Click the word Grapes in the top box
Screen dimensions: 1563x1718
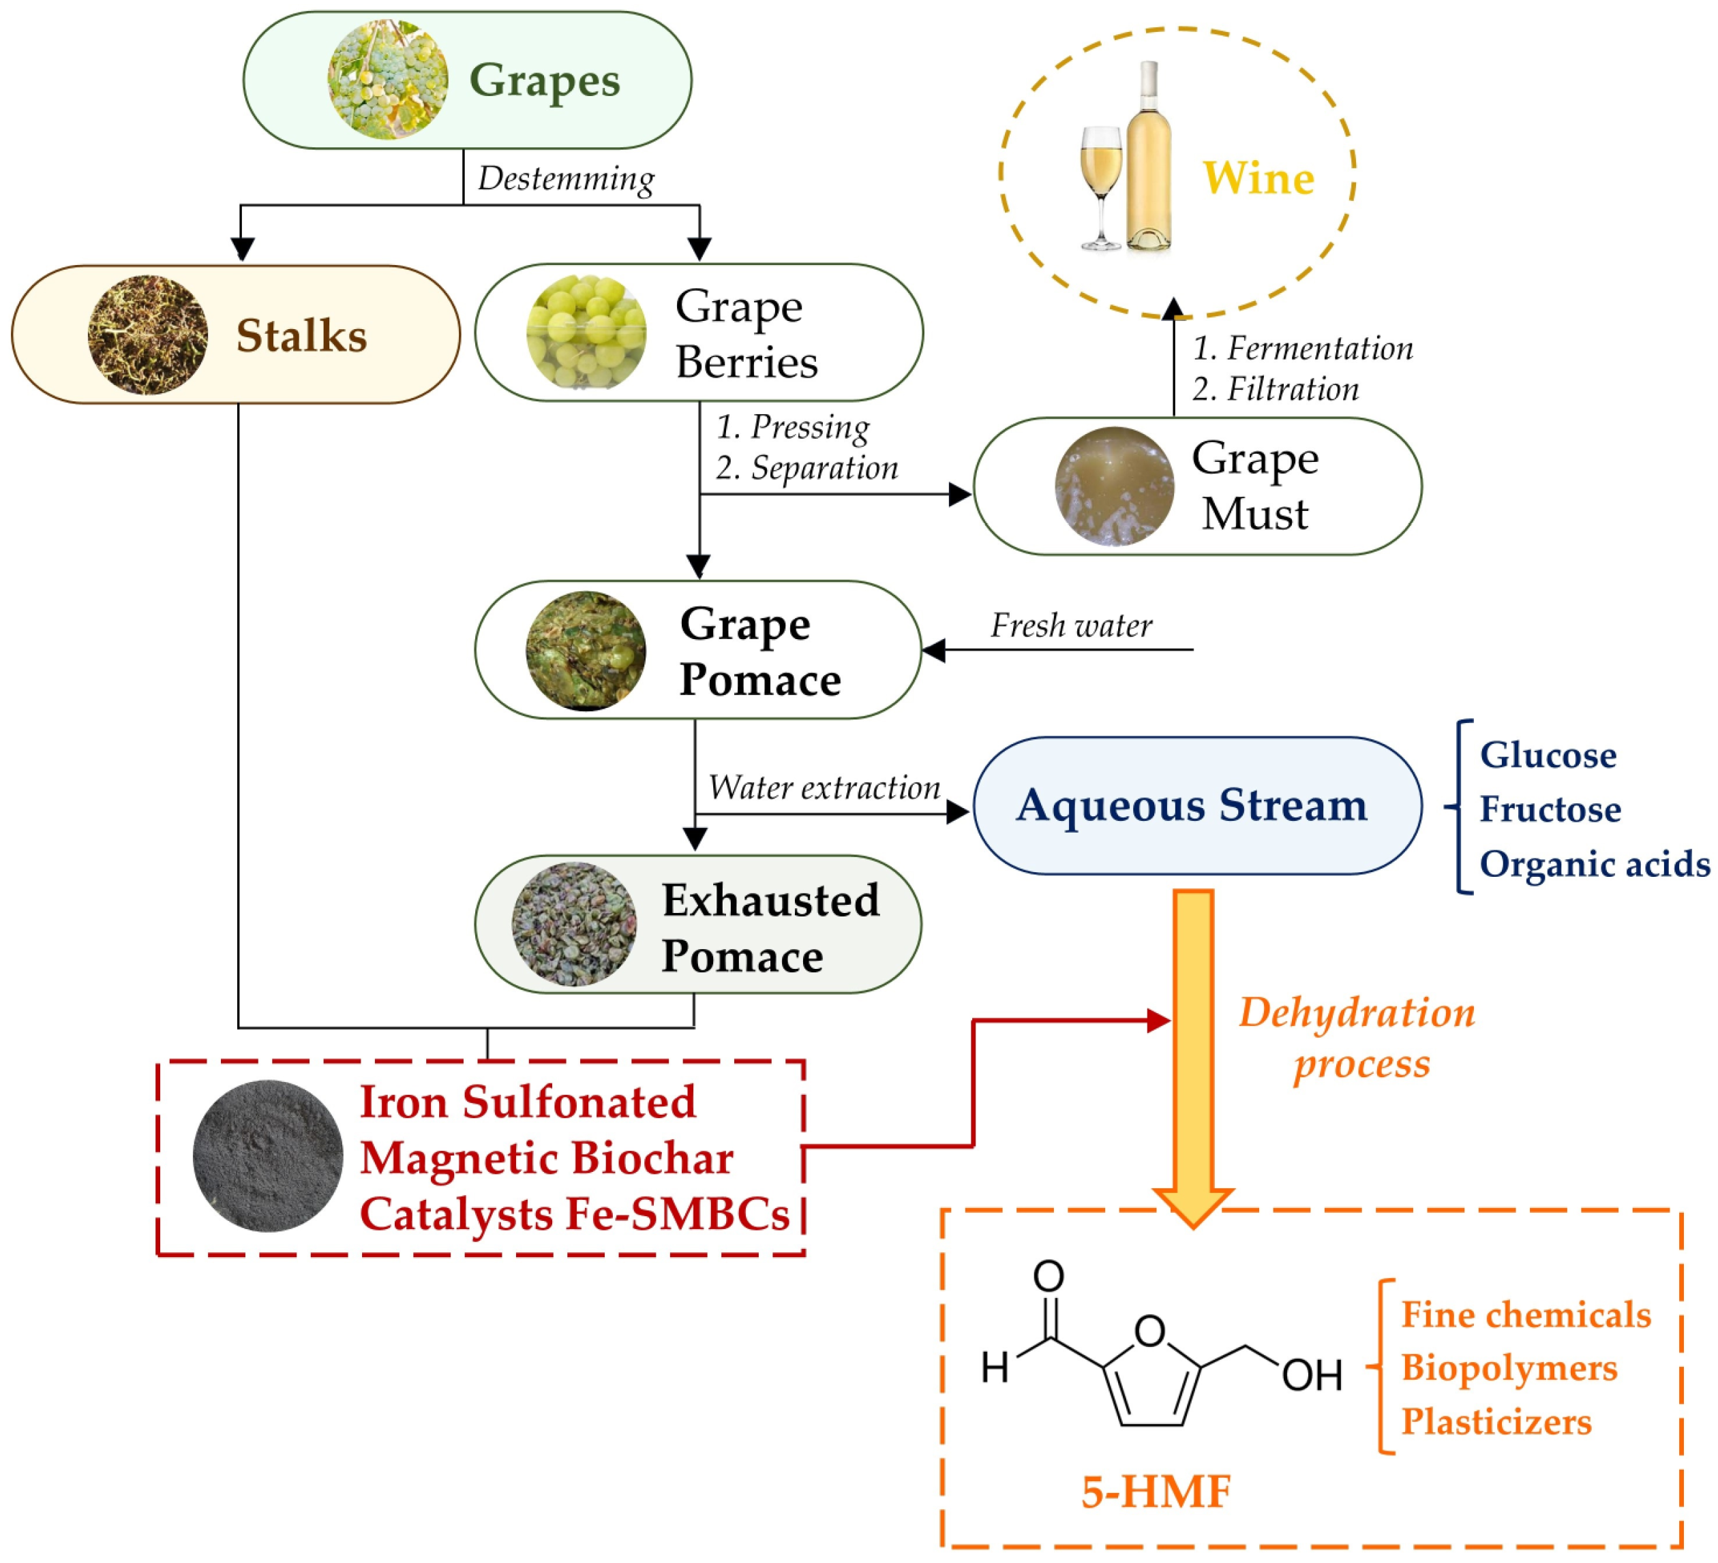point(545,82)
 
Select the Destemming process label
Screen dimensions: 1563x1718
point(566,179)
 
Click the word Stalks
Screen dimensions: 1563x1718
point(301,336)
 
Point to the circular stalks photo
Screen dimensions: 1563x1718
point(147,335)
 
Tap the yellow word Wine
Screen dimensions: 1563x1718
point(1258,179)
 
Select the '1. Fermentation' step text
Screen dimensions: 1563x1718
point(1302,348)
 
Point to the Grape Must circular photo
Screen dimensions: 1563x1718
point(1114,486)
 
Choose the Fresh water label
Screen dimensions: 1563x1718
point(1070,626)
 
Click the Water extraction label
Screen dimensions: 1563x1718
point(824,788)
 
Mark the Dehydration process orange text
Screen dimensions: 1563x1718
point(1357,1038)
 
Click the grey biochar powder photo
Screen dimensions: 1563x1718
point(267,1156)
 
